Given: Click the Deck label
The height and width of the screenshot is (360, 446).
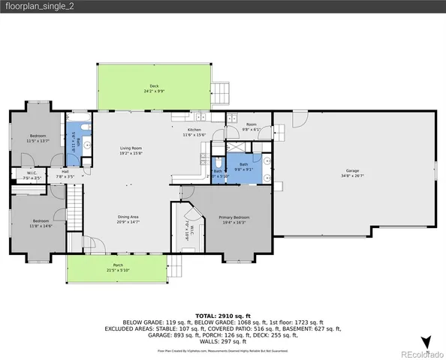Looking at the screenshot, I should [x=153, y=86].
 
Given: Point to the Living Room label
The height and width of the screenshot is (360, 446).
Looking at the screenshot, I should [x=131, y=148].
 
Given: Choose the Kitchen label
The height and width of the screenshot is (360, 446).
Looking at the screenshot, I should [x=194, y=130].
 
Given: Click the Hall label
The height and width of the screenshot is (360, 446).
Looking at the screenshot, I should [x=65, y=172].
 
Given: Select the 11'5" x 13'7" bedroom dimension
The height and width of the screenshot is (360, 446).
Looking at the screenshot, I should [x=38, y=140].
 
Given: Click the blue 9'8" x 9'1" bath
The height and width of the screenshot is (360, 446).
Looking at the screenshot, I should [x=244, y=169].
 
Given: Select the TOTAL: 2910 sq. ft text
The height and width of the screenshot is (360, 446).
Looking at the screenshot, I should [x=222, y=316].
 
